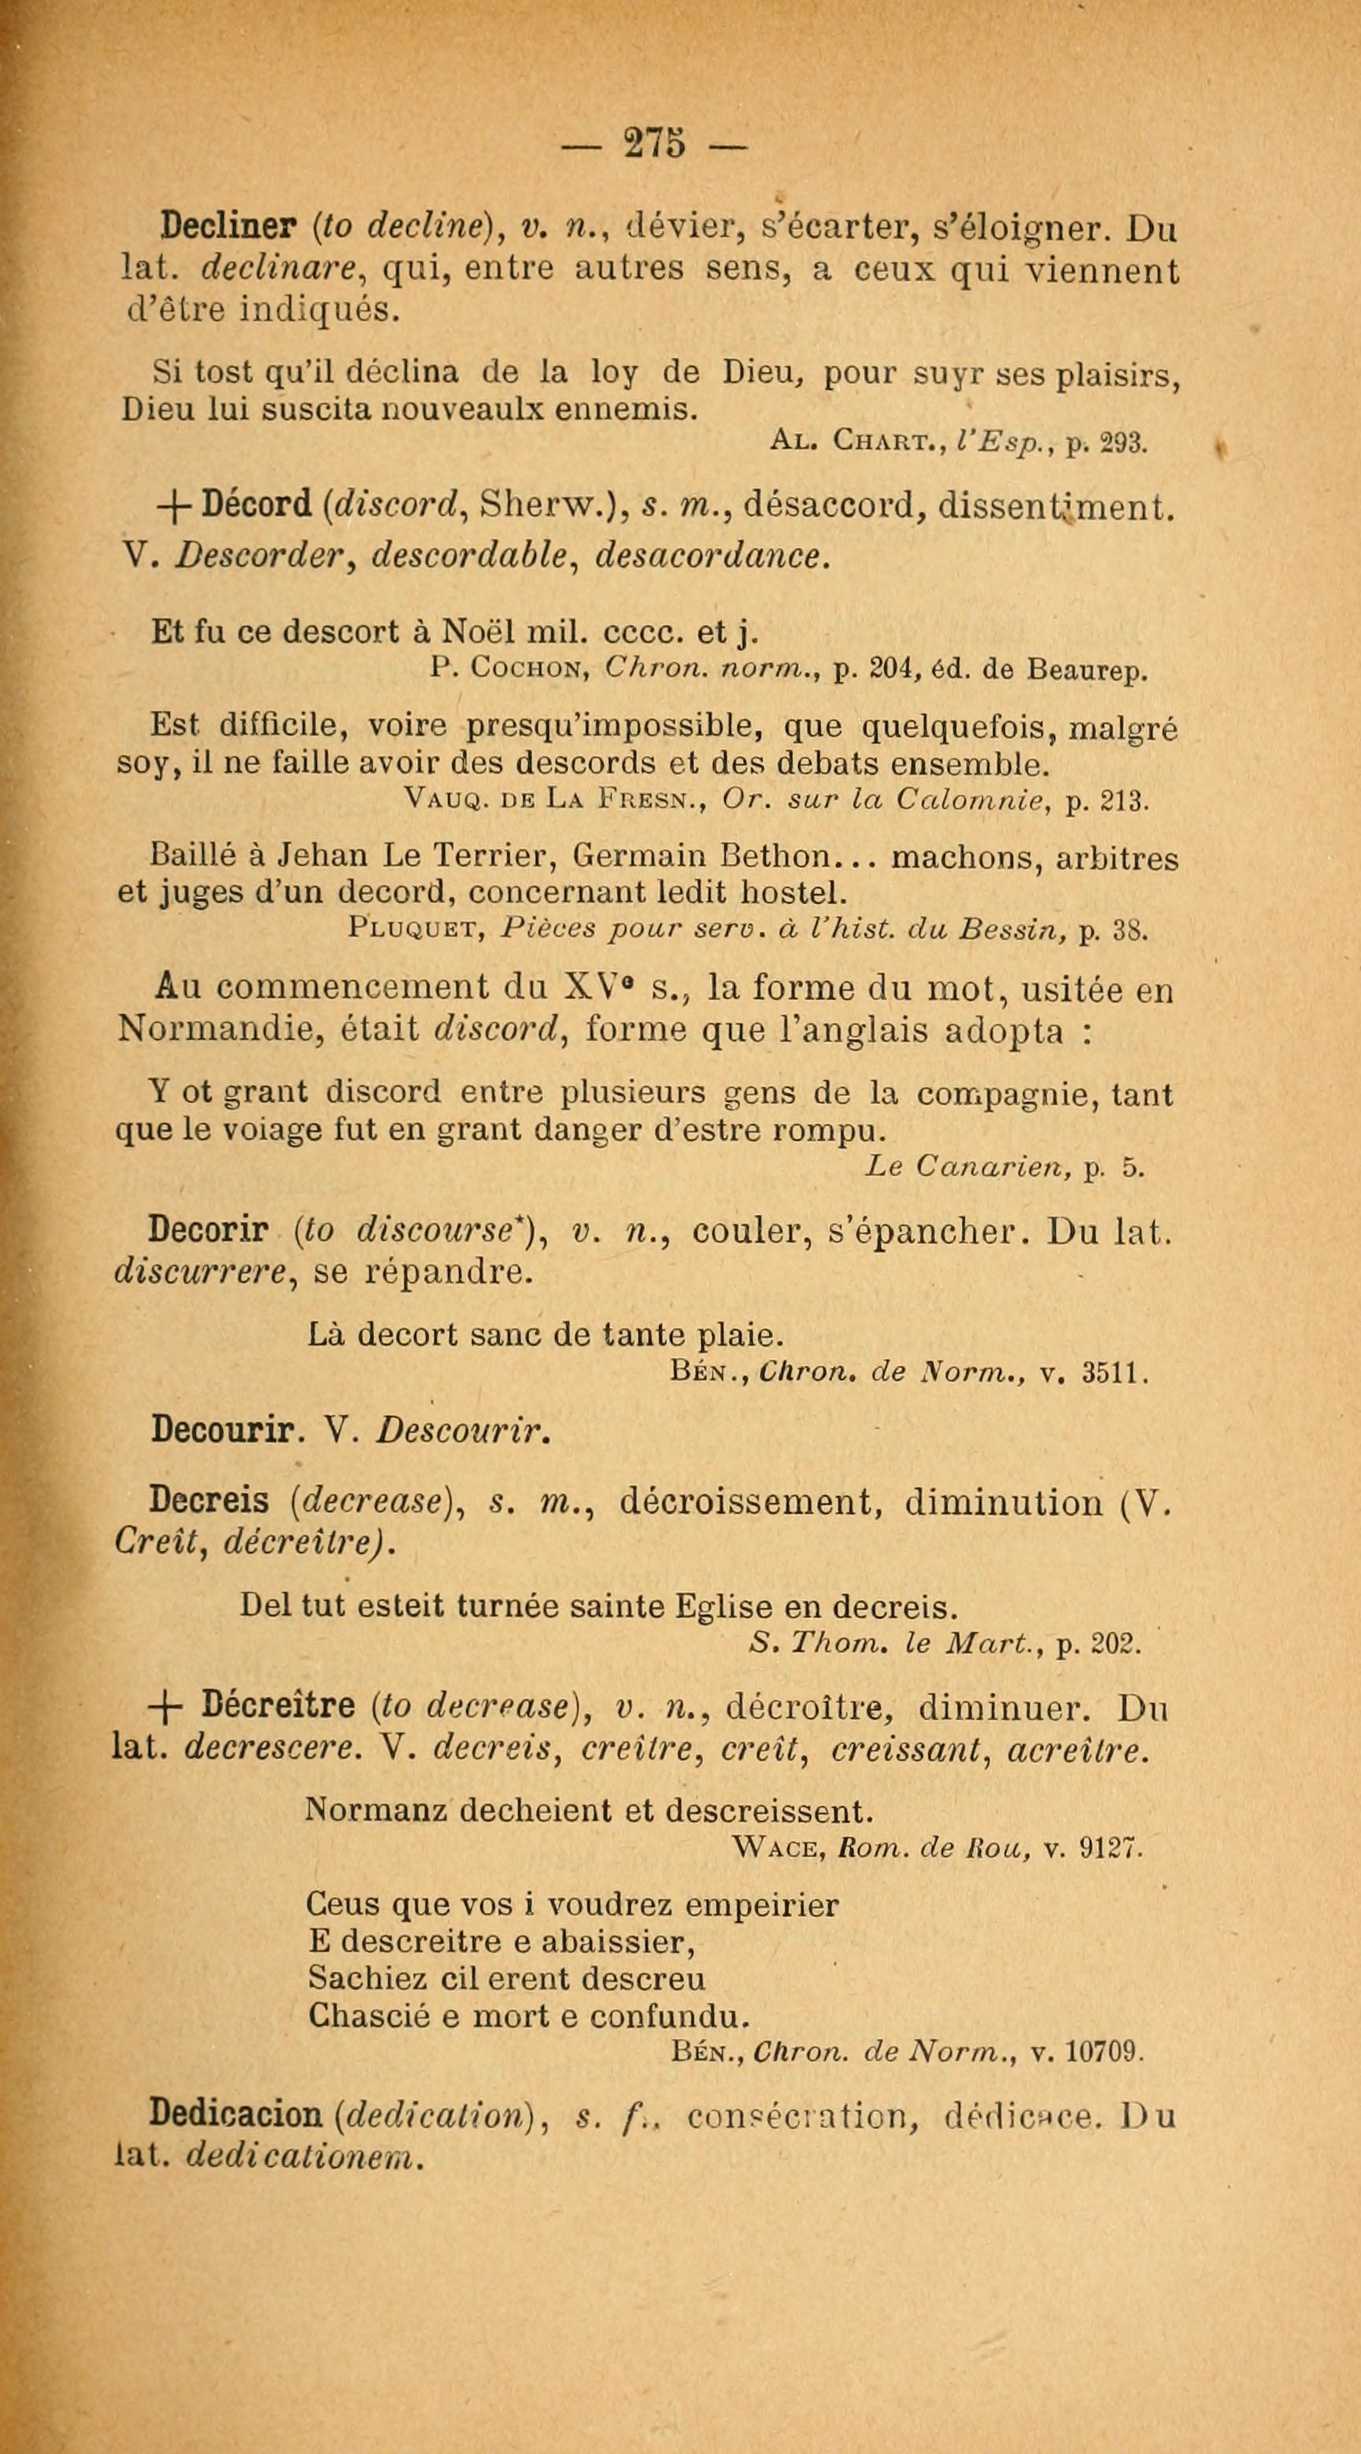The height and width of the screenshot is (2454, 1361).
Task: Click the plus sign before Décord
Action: (175, 506)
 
